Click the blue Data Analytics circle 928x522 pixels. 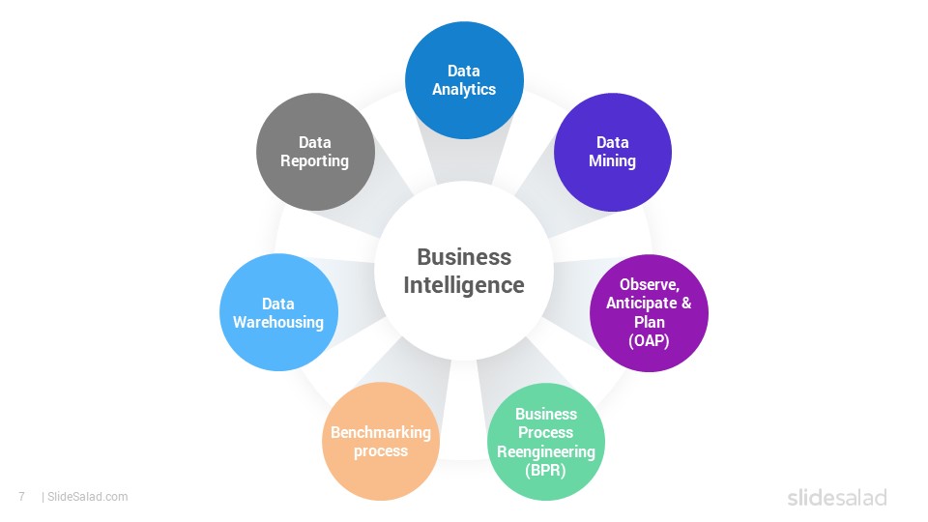pyautogui.click(x=464, y=80)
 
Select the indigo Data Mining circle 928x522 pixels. pyautogui.click(x=613, y=152)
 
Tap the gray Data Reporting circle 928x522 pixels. pyautogui.click(x=315, y=152)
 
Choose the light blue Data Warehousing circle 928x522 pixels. pyautogui.click(x=278, y=312)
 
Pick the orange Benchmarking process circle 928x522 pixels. pyautogui.click(x=381, y=442)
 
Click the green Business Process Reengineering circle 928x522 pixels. pyautogui.click(x=545, y=442)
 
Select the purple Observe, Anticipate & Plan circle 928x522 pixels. pyautogui.click(x=649, y=313)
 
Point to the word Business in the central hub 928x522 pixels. pyautogui.click(x=464, y=257)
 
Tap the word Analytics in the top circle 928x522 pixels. pyautogui.click(x=464, y=89)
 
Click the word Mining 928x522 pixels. pyautogui.click(x=612, y=161)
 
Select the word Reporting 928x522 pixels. pyautogui.click(x=314, y=161)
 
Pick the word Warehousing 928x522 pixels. pyautogui.click(x=278, y=323)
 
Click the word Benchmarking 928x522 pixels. pyautogui.click(x=381, y=432)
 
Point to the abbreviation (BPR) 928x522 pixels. pyautogui.click(x=545, y=471)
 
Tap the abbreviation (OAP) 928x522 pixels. pyautogui.click(x=649, y=341)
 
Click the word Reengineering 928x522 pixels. pyautogui.click(x=545, y=451)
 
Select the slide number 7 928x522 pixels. pyautogui.click(x=22, y=497)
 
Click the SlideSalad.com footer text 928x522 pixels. pyautogui.click(x=88, y=497)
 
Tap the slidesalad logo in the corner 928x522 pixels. pyautogui.click(x=837, y=497)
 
